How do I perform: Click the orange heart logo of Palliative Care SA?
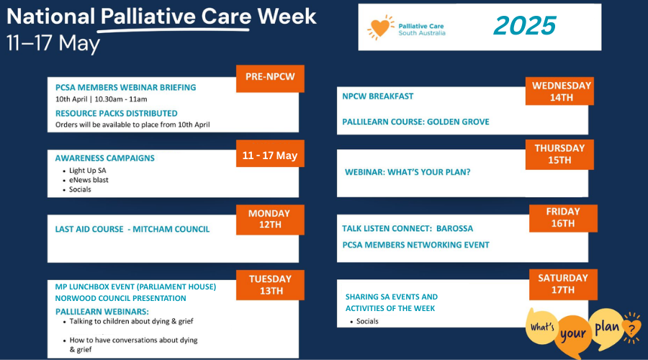pos(380,27)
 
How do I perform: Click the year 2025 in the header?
pos(525,26)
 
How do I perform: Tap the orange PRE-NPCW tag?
pos(270,78)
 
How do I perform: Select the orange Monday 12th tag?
pos(270,220)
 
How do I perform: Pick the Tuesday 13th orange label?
pos(270,285)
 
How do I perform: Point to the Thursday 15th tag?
pos(559,154)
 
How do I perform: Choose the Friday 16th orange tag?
pos(563,218)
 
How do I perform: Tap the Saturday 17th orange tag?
pos(563,284)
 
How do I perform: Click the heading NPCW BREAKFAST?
pos(378,96)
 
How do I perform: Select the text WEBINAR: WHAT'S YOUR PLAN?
pos(408,172)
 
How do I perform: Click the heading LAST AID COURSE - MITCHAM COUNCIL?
pos(132,229)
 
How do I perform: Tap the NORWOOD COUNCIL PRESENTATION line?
pos(121,298)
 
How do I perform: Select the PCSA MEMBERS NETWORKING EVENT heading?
pos(415,245)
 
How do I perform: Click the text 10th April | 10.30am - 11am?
pos(102,99)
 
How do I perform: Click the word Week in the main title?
pos(287,17)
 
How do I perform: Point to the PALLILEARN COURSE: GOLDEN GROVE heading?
pos(415,122)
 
